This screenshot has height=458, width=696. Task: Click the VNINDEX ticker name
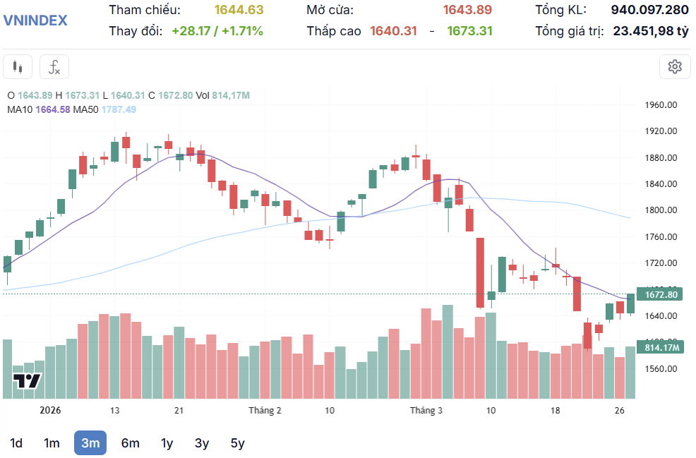click(35, 20)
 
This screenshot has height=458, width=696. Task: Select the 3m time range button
click(90, 443)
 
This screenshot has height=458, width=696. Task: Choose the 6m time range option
click(130, 443)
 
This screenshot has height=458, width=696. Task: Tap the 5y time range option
click(238, 443)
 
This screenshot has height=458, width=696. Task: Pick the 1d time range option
click(16, 443)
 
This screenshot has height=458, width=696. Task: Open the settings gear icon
click(675, 67)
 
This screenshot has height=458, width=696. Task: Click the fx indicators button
click(54, 67)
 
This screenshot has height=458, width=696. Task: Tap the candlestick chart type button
click(18, 67)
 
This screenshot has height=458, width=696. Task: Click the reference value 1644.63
click(239, 10)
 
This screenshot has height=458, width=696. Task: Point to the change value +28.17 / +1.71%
click(217, 31)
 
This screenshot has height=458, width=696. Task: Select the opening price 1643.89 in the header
click(467, 10)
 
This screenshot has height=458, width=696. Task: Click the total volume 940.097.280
click(649, 10)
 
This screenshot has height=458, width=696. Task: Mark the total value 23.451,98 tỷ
click(650, 31)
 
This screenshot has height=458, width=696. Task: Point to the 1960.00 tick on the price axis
click(661, 105)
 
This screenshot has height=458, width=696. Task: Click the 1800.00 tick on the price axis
click(661, 210)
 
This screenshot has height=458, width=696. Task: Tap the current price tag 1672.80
click(661, 294)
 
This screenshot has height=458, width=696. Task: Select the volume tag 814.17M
click(661, 347)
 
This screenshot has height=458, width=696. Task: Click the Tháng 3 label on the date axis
click(426, 411)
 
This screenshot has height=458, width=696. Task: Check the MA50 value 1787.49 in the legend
click(119, 109)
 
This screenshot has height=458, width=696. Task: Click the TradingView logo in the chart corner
click(28, 381)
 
